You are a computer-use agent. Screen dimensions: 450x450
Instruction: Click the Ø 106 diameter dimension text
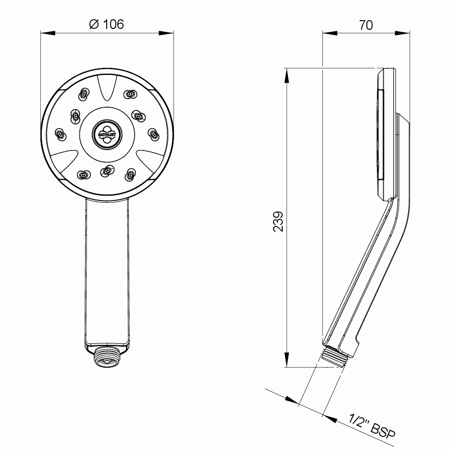(x=106, y=24)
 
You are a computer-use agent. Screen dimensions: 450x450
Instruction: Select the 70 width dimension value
(x=366, y=25)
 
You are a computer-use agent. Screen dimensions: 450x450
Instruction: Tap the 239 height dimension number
(x=278, y=221)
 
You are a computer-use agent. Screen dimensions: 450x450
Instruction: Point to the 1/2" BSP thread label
(x=372, y=427)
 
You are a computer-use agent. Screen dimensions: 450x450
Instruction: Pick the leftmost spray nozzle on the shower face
(x=60, y=135)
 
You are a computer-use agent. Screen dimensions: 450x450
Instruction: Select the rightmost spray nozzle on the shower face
(x=153, y=135)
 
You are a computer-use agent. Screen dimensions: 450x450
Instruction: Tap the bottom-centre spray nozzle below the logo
(x=106, y=171)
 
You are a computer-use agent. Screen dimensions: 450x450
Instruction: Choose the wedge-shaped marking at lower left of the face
(x=65, y=161)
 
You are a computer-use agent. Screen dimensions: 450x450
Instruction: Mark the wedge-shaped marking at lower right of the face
(x=148, y=161)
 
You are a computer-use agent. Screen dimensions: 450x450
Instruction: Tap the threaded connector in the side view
(x=335, y=358)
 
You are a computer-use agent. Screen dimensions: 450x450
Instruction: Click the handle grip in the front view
(x=107, y=269)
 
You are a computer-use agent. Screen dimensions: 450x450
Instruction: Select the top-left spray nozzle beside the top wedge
(x=83, y=94)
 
